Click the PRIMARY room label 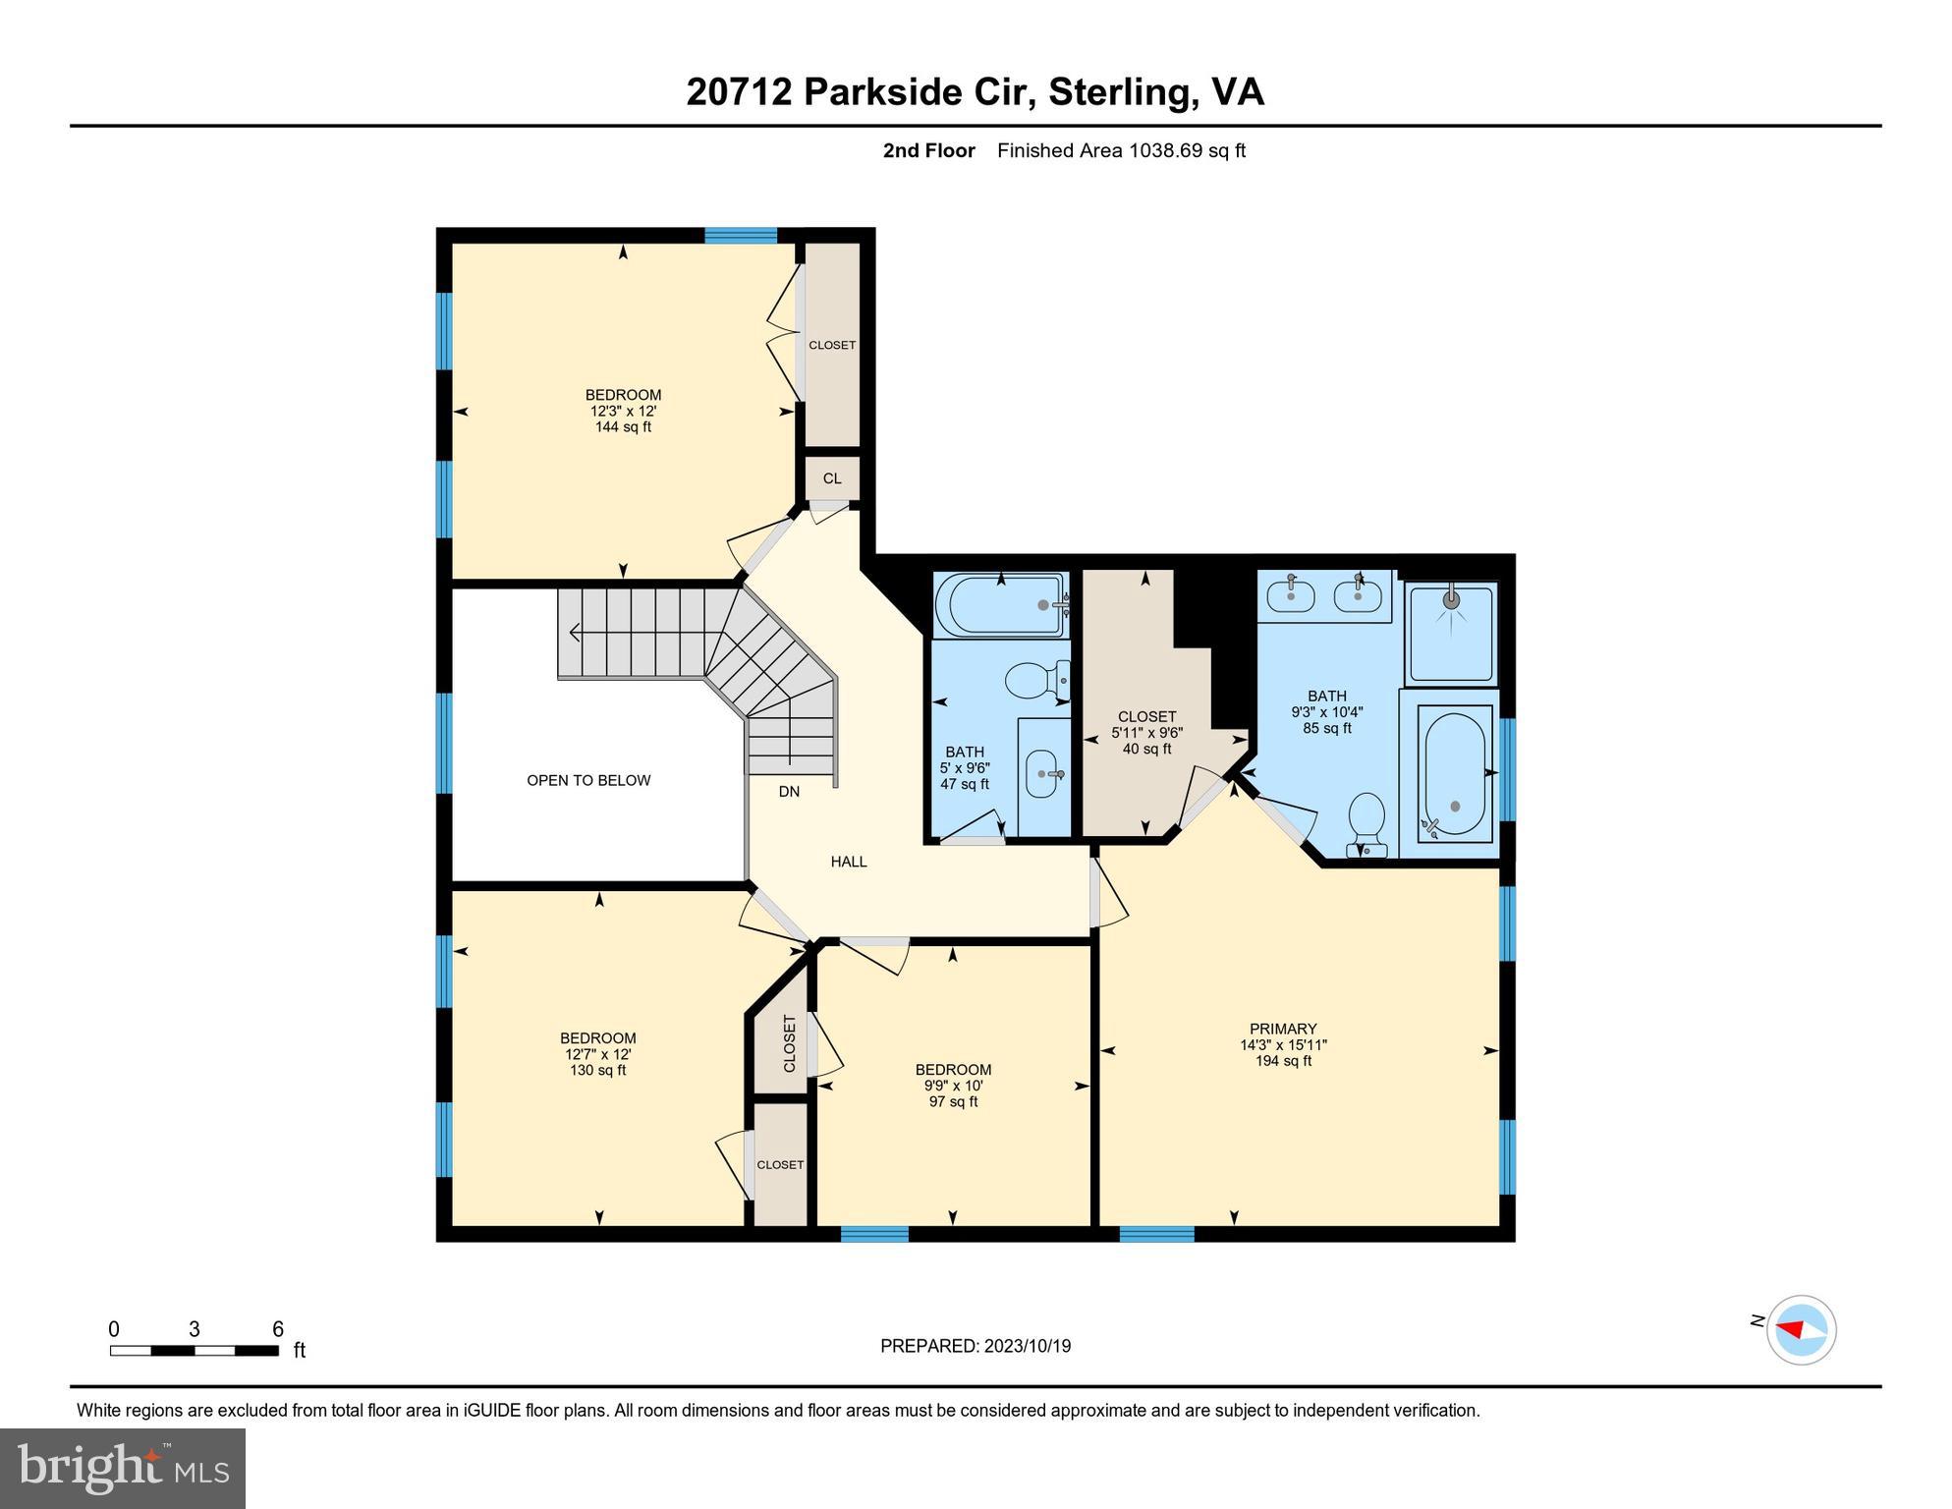1283,1029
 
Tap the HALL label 849,862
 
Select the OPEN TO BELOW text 588,780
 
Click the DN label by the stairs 789,791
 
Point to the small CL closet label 832,478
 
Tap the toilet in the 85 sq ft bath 1367,823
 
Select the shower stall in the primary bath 1451,632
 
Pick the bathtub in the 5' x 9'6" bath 999,605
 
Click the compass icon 1801,1330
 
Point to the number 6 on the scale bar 278,1329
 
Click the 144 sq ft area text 623,427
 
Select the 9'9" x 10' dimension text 953,1086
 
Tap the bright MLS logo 122,1469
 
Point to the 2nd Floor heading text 928,150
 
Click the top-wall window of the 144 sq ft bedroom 741,235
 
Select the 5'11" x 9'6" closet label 1146,733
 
